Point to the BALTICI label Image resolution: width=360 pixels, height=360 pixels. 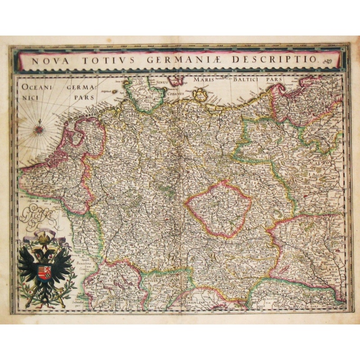247,80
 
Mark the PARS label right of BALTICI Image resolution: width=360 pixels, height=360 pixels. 274,80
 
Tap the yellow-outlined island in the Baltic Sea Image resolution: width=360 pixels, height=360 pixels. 200,95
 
